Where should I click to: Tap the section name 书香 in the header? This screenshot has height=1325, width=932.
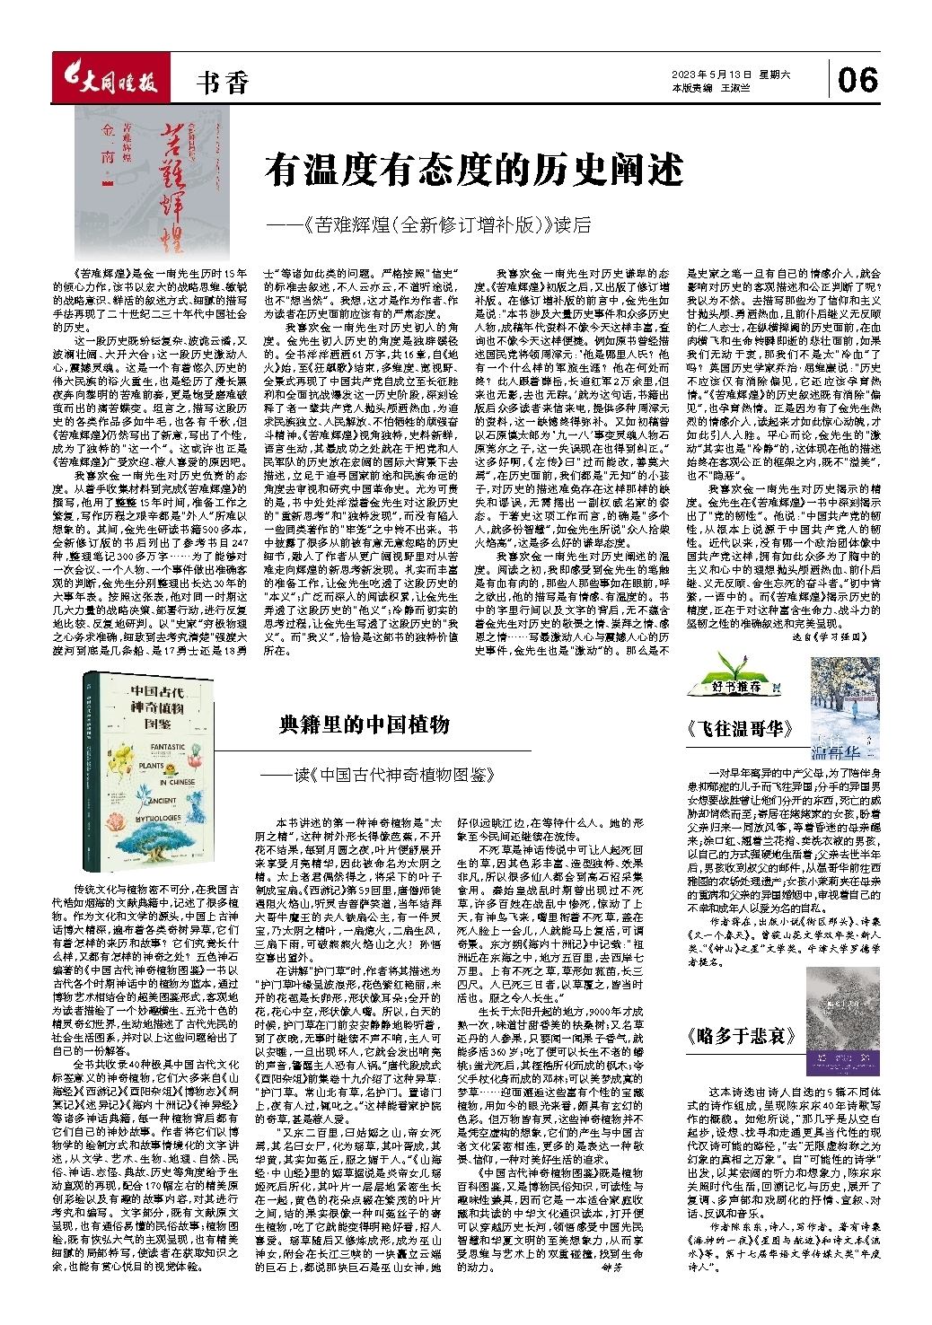point(222,83)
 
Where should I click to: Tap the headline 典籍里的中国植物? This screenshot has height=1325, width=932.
point(365,724)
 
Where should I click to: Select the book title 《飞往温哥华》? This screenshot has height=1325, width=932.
point(740,728)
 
